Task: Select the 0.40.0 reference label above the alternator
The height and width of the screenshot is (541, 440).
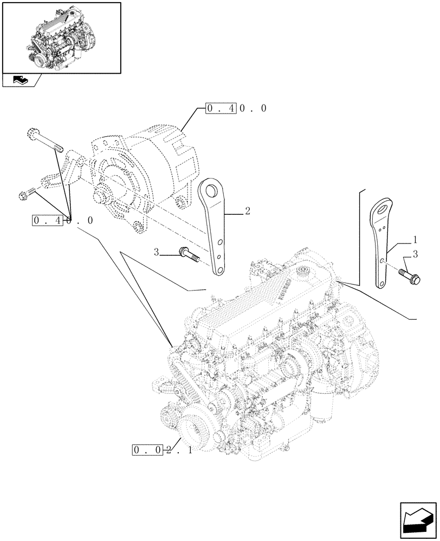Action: pos(236,108)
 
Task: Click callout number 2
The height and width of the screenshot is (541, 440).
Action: pos(247,212)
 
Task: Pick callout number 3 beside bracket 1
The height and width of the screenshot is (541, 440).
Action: pos(415,254)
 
